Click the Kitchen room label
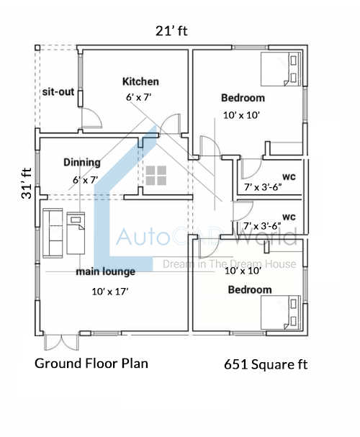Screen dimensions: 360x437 tap(140, 81)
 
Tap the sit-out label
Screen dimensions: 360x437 tap(58, 91)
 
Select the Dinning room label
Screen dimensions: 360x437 tap(82, 162)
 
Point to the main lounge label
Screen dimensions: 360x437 tap(106, 271)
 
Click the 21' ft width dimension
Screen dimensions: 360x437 tap(171, 31)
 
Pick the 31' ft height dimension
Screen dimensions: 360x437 tap(27, 183)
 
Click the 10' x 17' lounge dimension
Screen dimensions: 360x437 tap(110, 292)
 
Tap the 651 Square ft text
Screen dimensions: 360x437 tap(266, 364)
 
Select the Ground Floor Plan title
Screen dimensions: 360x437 tap(91, 364)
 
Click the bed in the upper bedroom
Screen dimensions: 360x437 tap(281, 69)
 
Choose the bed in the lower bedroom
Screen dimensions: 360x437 tap(281, 312)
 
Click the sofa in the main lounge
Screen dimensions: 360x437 tap(53, 233)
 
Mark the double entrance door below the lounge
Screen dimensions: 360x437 tap(61, 342)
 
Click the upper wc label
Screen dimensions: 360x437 tap(289, 176)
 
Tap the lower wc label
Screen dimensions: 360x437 tap(289, 217)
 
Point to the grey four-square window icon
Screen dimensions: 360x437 tap(156, 176)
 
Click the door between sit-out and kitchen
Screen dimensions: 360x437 tap(91, 118)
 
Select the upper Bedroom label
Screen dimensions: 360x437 tap(243, 98)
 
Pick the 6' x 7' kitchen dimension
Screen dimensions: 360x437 tap(138, 97)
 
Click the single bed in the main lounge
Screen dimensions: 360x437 tap(76, 233)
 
